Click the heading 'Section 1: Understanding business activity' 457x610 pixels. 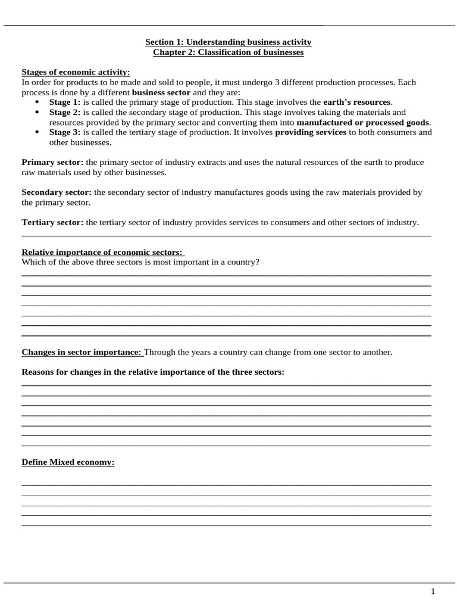(228, 42)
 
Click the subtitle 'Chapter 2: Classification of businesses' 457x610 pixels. (228, 52)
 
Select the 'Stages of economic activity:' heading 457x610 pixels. (76, 72)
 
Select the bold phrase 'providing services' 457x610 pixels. (311, 132)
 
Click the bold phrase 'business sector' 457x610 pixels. (161, 92)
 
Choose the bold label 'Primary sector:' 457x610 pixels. (53, 162)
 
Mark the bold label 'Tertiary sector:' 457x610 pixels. (53, 222)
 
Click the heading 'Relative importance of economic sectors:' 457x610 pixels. (103, 253)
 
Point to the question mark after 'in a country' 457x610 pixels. (258, 262)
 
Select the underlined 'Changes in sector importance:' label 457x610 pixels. (82, 352)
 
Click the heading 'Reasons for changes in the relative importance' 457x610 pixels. (153, 372)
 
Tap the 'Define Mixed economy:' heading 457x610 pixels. (68, 462)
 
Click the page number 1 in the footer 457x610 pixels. (433, 592)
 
